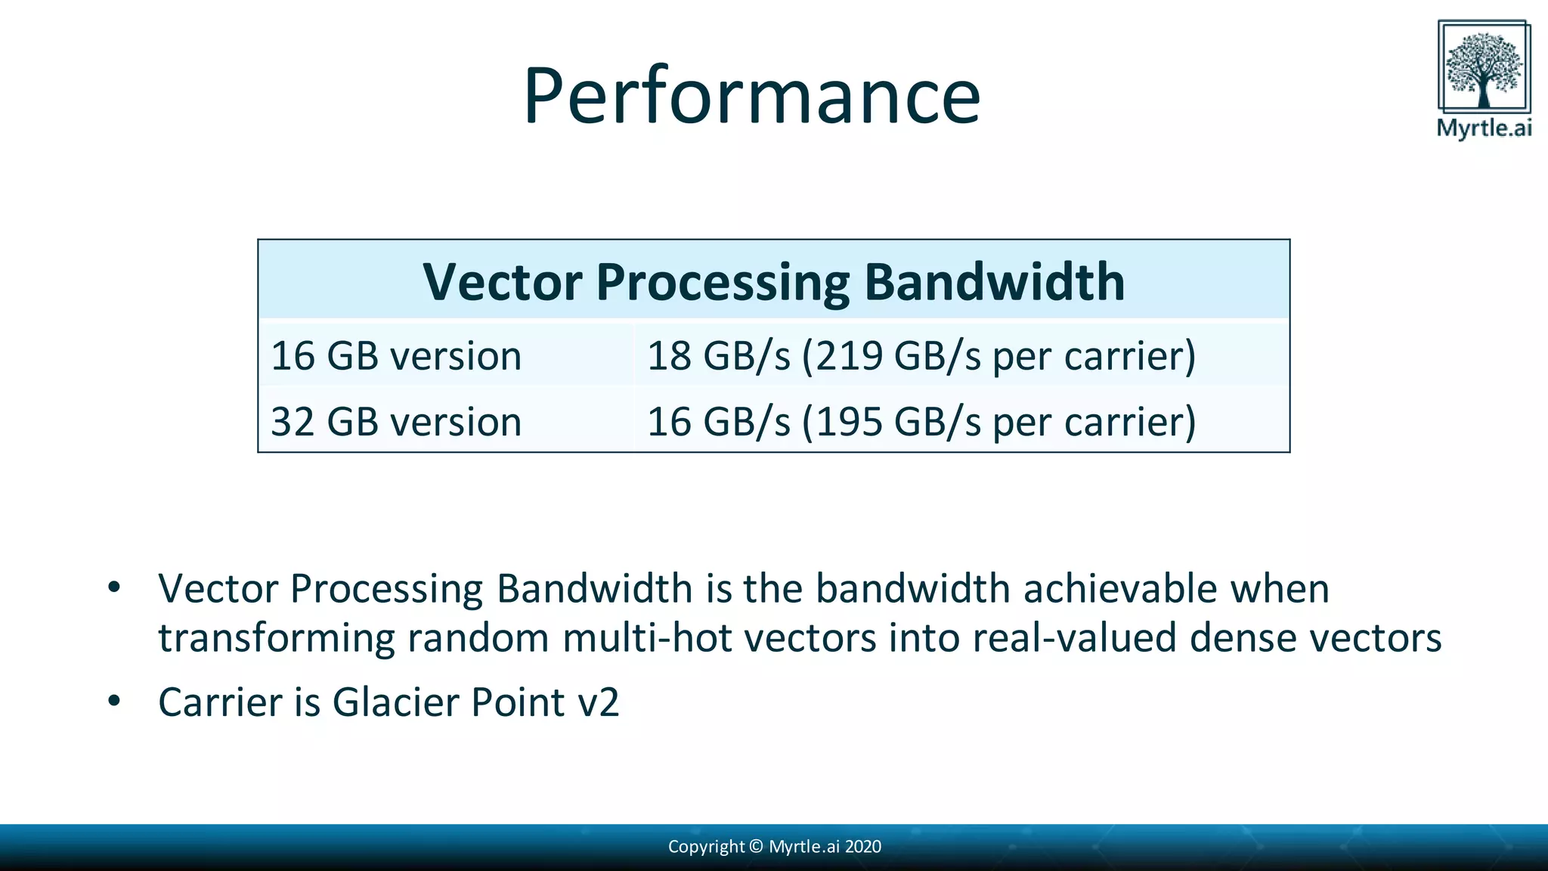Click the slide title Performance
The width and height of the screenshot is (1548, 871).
[751, 96]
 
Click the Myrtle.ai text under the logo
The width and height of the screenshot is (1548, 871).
[1484, 127]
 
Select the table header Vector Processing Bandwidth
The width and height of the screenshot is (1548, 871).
[773, 282]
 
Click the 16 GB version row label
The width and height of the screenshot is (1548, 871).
[396, 356]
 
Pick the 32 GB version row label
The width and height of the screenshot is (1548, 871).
[396, 422]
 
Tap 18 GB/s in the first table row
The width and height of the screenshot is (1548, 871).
[718, 356]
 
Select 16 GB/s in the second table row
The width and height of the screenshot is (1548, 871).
[718, 422]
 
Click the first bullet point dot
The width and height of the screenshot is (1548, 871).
[114, 587]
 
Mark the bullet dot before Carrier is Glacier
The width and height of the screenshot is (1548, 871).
[114, 701]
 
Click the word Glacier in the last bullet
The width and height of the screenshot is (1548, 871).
[395, 702]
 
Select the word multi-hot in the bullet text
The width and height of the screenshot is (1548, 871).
[647, 637]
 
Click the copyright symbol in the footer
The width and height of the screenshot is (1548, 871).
[756, 847]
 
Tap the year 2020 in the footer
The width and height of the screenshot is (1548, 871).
[863, 847]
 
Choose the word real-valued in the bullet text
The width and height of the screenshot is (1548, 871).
[1074, 637]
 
